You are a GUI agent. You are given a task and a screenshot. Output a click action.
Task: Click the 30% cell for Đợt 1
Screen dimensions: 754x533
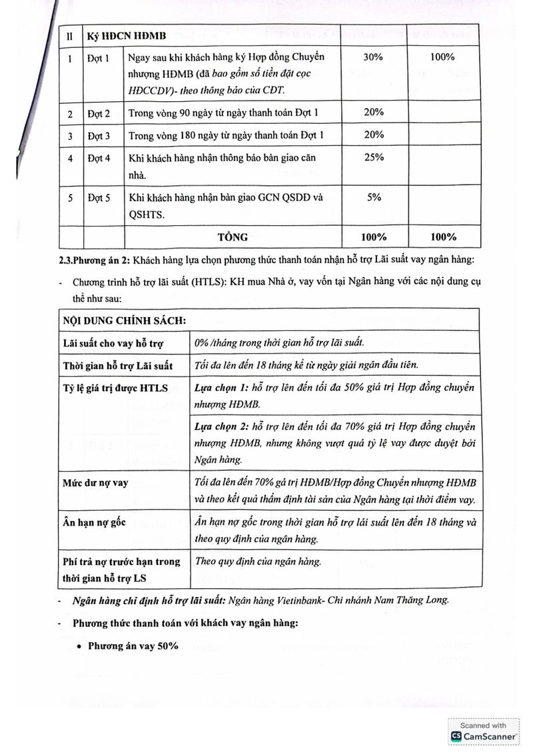pos(374,57)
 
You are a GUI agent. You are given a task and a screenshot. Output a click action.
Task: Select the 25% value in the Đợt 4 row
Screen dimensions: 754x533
pos(374,157)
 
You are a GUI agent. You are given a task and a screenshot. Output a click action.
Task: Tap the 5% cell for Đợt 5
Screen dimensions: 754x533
pos(374,197)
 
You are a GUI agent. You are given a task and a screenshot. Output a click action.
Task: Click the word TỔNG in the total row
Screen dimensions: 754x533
pos(233,236)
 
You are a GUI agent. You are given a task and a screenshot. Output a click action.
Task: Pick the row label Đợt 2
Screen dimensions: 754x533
pos(99,113)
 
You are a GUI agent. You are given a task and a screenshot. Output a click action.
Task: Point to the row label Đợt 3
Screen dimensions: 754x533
pos(99,136)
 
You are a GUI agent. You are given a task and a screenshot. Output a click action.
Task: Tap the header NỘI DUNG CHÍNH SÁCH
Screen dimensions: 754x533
pos(124,319)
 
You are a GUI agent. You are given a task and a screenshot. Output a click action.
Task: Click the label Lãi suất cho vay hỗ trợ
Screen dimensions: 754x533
pos(114,343)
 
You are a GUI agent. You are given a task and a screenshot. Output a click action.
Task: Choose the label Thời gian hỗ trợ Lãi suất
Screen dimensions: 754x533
pos(118,366)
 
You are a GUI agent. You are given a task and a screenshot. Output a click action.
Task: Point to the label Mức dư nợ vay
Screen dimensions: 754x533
pos(95,483)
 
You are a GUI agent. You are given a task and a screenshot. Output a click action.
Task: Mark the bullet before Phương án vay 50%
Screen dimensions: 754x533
pos(79,646)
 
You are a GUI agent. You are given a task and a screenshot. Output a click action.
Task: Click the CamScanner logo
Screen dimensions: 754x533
pos(484,736)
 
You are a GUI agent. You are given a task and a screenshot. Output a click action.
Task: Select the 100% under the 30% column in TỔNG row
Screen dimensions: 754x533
pos(374,236)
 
